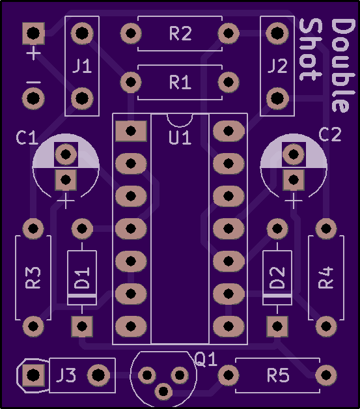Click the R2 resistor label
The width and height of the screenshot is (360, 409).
[x=180, y=33]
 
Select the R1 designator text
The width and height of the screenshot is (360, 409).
[x=180, y=82]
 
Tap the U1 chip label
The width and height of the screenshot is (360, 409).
[x=180, y=137]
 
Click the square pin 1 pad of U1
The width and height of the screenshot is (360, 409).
[x=131, y=131]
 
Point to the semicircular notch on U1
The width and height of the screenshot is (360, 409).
[x=180, y=120]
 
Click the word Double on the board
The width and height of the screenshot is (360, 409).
[x=344, y=66]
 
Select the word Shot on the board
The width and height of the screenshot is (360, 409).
[x=311, y=49]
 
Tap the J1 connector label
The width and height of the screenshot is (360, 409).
[x=82, y=66]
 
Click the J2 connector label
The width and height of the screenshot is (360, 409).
[x=277, y=66]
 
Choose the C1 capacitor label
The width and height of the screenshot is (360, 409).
[x=27, y=137]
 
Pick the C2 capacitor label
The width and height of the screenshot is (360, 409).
[x=330, y=134]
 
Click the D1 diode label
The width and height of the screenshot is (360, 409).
[x=82, y=278]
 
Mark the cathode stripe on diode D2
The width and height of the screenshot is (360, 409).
[x=277, y=296]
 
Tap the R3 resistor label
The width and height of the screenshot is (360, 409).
[x=33, y=277]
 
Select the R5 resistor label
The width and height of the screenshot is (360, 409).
[x=278, y=375]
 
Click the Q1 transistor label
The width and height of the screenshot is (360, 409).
[x=206, y=360]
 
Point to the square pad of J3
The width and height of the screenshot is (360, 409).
[x=33, y=375]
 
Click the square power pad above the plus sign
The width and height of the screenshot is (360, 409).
[x=33, y=33]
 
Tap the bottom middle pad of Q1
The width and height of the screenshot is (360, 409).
[x=163, y=391]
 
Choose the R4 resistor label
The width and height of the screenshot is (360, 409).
[x=326, y=277]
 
